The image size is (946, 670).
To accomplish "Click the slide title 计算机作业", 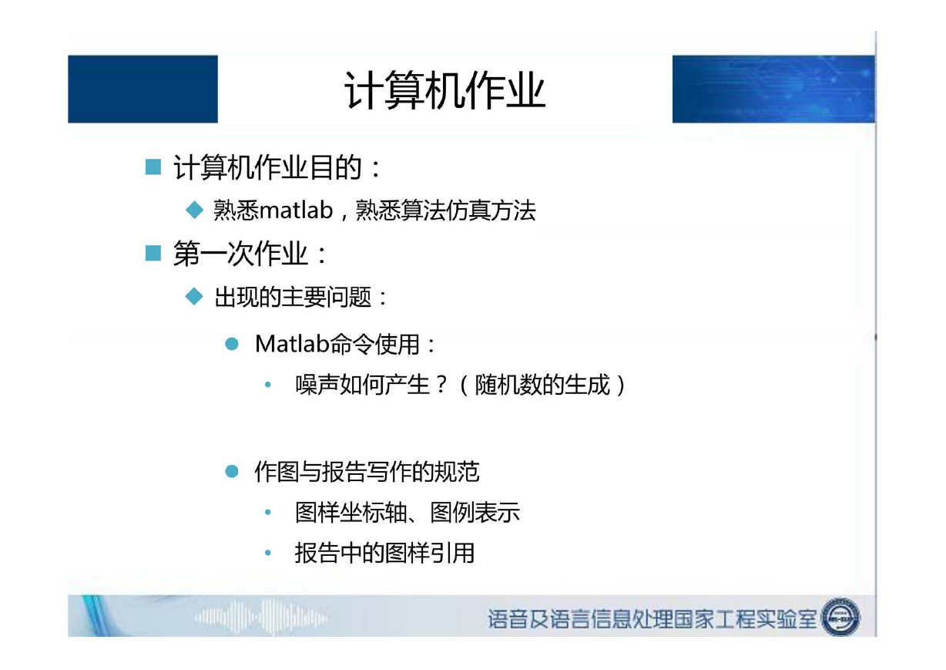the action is pos(444,90).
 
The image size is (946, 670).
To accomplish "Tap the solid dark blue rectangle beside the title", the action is pos(143,89).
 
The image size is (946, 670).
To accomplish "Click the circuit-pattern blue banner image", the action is pos(773,89).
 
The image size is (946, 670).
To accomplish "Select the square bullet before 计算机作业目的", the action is pos(153,167).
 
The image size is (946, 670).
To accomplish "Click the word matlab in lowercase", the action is pos(297,210).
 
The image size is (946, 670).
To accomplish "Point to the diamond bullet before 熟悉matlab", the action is pos(194,210).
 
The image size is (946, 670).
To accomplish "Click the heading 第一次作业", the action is pos(240,254).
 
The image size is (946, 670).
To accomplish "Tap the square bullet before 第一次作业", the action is pos(153,253).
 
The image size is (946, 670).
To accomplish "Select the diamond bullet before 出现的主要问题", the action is pos(194,296).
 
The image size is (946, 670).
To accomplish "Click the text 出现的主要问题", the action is pos(293,297).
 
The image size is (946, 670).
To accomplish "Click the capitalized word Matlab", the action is pos(292,343).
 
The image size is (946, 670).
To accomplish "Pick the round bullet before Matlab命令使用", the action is pos(232,344).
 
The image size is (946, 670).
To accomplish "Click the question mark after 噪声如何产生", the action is pos(441,385).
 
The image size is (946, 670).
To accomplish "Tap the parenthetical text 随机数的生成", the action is pos(542,385).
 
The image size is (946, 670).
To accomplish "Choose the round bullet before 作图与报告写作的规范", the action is pos(232,471).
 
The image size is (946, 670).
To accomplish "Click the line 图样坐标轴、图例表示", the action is pos(408,512).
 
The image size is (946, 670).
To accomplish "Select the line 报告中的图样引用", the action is pos(384,553).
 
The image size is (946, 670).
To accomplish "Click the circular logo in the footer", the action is pos(840,617).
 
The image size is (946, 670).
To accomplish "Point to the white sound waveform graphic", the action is pos(261,618).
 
